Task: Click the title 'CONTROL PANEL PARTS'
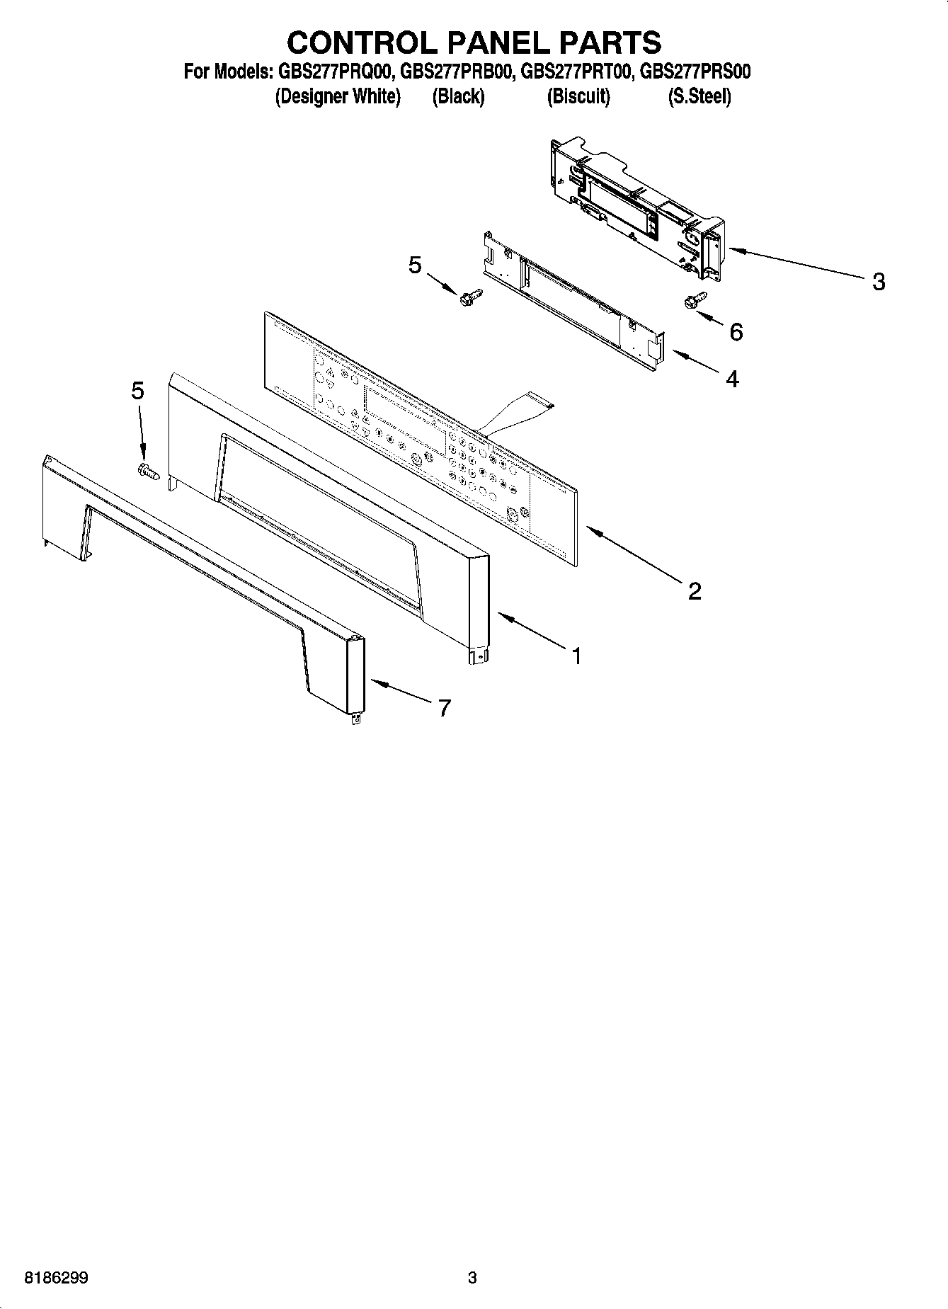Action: tap(474, 42)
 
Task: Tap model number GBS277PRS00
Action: tap(695, 72)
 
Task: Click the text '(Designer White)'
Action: tap(338, 96)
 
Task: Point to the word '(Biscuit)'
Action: tap(578, 96)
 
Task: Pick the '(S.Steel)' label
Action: tap(699, 96)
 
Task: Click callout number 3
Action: tap(878, 282)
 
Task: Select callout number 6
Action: tap(736, 331)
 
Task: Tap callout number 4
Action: tap(733, 379)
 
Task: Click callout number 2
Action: tap(695, 590)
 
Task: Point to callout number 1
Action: tap(576, 656)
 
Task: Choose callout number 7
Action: tap(444, 707)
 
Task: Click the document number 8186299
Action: tap(57, 1279)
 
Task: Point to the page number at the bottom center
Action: tap(472, 1279)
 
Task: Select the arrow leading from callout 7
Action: tap(400, 692)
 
